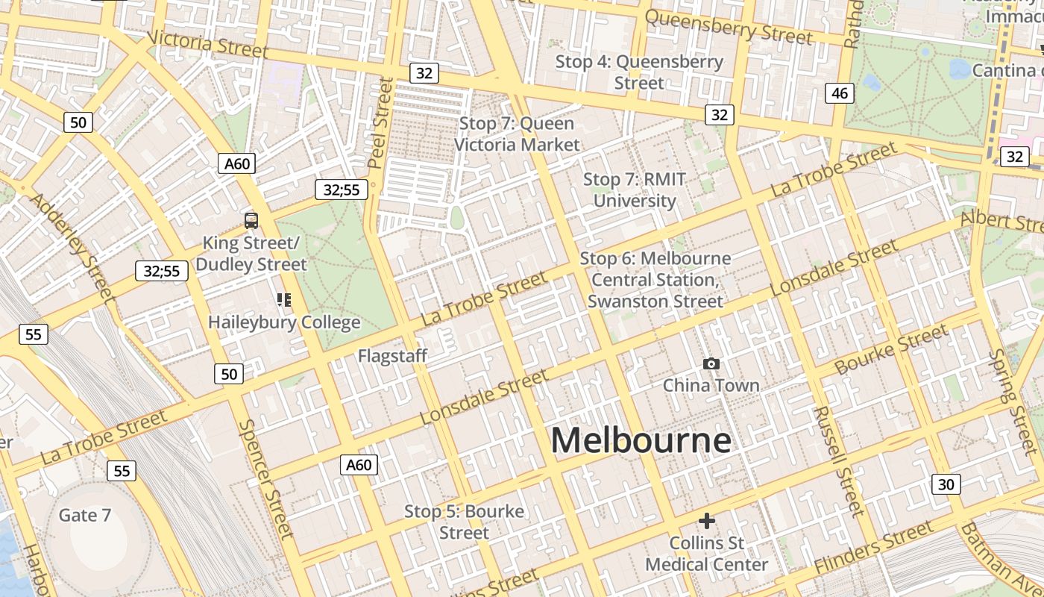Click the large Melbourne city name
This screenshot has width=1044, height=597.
click(641, 440)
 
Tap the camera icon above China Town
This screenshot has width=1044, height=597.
click(711, 363)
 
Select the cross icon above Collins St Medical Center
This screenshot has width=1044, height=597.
click(707, 520)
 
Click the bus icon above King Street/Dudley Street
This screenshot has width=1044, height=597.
click(251, 220)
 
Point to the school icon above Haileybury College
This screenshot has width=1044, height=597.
click(284, 300)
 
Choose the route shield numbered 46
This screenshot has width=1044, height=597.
click(840, 93)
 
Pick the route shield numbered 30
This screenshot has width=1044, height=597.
click(946, 484)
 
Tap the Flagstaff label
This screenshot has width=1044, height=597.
click(392, 356)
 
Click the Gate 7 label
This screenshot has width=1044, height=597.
click(84, 515)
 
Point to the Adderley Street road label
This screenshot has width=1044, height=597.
click(72, 247)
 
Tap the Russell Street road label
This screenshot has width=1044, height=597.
click(838, 460)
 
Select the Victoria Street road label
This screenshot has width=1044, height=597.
click(207, 44)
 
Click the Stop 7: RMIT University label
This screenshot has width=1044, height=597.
click(635, 190)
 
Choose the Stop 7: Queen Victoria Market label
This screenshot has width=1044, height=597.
click(517, 134)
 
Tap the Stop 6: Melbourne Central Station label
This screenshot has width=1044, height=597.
click(655, 279)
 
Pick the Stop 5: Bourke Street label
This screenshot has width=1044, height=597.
click(464, 522)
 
